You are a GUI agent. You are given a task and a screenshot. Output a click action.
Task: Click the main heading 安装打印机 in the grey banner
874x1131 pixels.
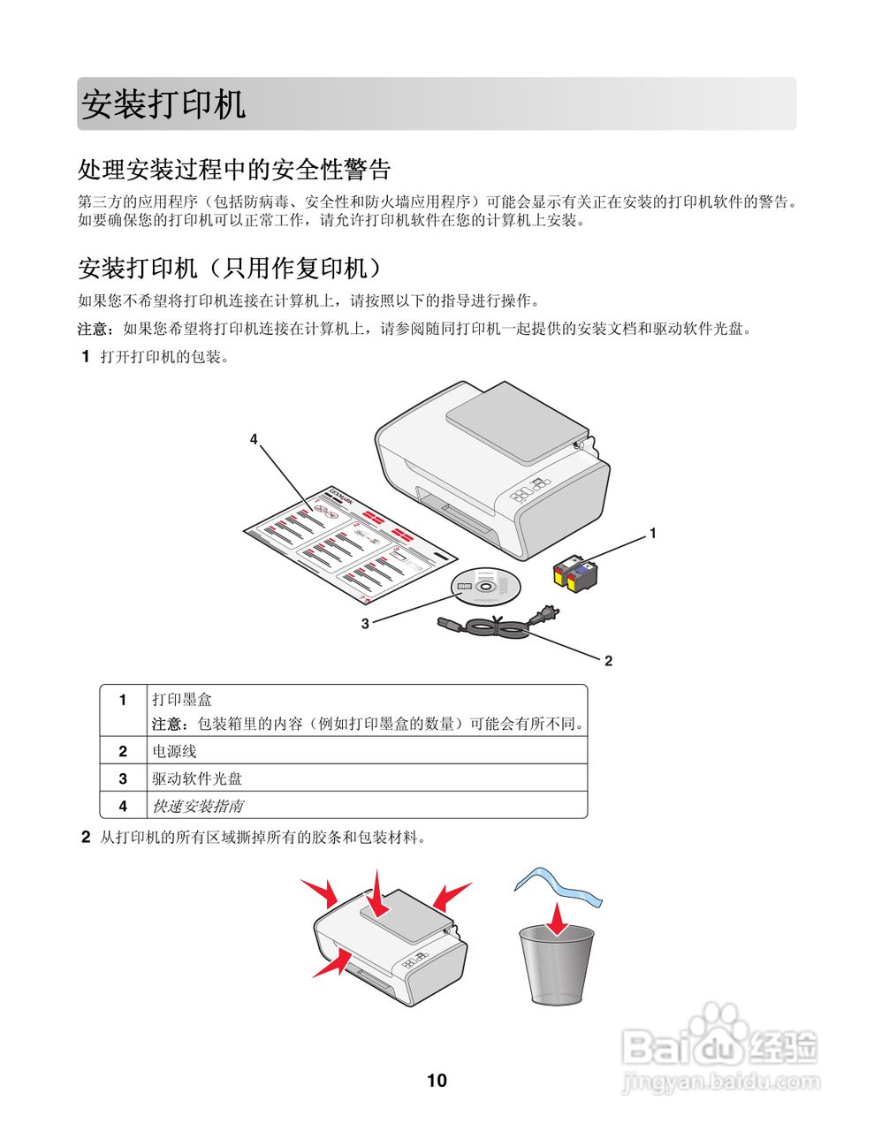[163, 104]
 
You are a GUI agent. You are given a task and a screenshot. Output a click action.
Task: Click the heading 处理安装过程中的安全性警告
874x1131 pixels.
[234, 169]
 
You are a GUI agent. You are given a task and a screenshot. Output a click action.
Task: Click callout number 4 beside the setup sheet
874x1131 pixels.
[254, 438]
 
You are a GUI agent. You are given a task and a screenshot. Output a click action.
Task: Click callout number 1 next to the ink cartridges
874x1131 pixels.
[652, 533]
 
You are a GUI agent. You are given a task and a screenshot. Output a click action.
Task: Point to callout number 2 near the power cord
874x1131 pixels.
[608, 660]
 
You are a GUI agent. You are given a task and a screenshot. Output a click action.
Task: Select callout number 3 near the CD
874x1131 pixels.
[364, 623]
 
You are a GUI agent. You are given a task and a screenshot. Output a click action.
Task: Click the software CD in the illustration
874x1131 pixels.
[485, 586]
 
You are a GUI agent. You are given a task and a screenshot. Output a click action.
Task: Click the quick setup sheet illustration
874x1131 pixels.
[349, 543]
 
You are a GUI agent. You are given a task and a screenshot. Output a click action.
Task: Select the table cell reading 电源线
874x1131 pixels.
[174, 751]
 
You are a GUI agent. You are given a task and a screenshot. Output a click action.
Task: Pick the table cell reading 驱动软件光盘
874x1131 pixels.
[197, 778]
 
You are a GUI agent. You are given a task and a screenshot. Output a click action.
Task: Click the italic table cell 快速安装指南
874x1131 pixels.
[197, 806]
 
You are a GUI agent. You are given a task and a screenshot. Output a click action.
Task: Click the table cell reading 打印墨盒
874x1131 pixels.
[182, 699]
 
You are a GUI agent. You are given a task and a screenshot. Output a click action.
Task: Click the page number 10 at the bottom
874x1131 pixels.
[437, 1080]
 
